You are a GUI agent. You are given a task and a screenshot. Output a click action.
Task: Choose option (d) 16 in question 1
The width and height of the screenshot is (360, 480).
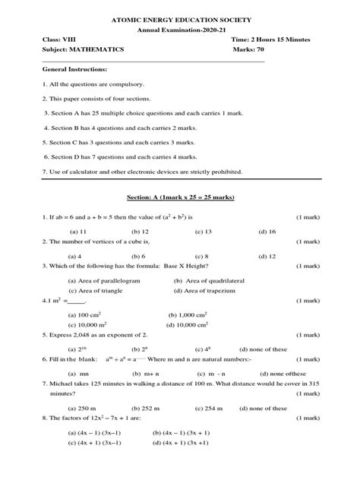(267, 230)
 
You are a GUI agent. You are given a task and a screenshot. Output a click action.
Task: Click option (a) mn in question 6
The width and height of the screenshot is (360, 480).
(76, 373)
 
